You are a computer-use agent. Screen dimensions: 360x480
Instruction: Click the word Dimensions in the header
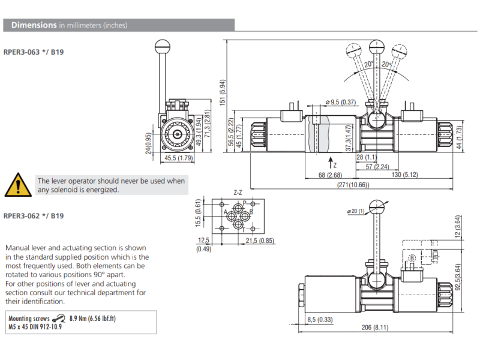click(x=34, y=25)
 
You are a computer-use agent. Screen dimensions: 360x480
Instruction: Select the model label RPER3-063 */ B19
click(x=34, y=52)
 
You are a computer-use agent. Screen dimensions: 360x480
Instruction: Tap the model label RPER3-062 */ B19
click(x=34, y=216)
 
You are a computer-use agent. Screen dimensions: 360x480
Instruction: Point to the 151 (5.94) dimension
click(x=222, y=95)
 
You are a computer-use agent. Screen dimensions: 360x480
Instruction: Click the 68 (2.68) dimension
click(x=329, y=175)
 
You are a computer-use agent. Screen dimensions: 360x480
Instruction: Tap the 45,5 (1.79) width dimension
click(x=178, y=158)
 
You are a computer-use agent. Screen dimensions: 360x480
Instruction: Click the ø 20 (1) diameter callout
click(x=356, y=211)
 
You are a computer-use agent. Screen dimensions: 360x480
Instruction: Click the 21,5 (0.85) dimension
click(x=260, y=241)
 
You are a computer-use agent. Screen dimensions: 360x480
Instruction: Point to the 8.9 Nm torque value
click(x=80, y=318)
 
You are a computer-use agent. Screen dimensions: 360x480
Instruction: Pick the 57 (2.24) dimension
click(x=377, y=167)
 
